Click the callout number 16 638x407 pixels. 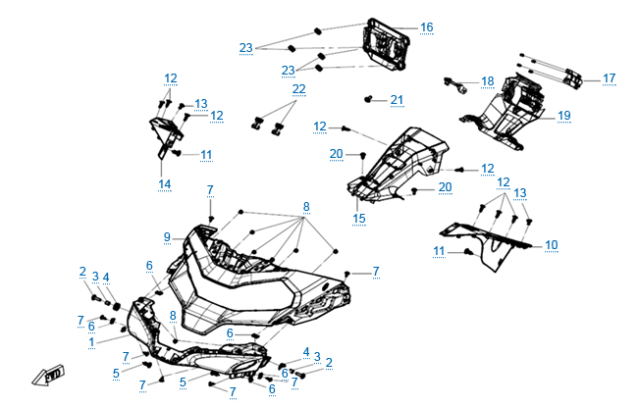click(x=426, y=26)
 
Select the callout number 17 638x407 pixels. click(x=609, y=78)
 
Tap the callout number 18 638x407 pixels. click(x=488, y=80)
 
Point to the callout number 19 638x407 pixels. click(x=564, y=116)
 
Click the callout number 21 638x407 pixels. click(x=397, y=100)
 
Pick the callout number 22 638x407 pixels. click(x=298, y=89)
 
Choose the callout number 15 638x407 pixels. click(x=359, y=217)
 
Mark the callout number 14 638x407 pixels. click(x=164, y=183)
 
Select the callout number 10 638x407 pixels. click(x=551, y=244)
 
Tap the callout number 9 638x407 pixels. click(x=168, y=236)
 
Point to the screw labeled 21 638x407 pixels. click(x=369, y=99)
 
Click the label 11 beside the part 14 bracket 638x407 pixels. click(x=206, y=155)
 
